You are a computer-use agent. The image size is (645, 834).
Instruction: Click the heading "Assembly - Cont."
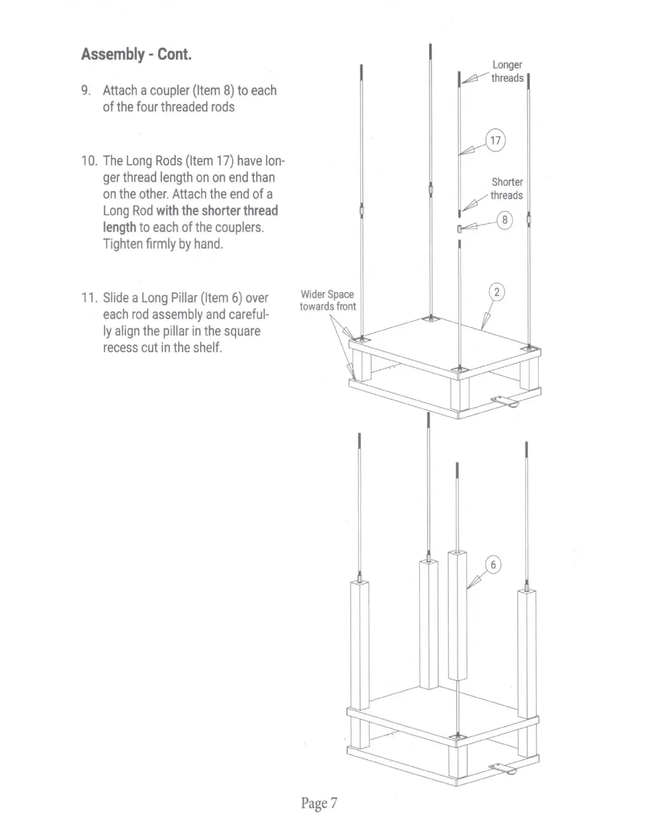(x=136, y=54)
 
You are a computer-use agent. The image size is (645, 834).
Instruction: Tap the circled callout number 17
(x=495, y=141)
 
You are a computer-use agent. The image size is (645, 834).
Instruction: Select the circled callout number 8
(x=504, y=220)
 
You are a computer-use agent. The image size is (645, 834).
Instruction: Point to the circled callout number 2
(x=496, y=292)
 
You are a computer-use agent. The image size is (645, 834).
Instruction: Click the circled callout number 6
(x=493, y=565)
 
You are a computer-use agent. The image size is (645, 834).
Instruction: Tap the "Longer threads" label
(x=507, y=72)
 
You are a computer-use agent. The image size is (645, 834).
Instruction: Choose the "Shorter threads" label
(x=507, y=188)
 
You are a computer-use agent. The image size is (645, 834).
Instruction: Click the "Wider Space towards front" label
(x=327, y=300)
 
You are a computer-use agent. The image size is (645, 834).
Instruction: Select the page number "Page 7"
(x=318, y=803)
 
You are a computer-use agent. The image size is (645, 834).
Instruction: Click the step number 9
(x=86, y=91)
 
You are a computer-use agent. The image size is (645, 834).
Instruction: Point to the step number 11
(x=89, y=298)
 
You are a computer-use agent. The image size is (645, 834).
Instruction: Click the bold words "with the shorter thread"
(x=217, y=211)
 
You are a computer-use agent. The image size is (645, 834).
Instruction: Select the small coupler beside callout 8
(x=460, y=229)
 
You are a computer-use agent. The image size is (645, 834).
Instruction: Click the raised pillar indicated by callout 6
(x=457, y=616)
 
